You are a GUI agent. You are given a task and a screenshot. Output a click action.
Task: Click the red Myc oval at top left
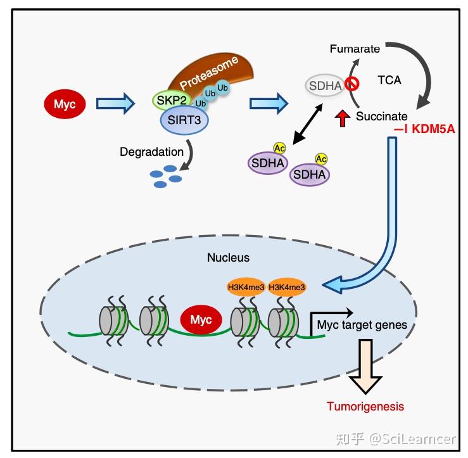[65, 104]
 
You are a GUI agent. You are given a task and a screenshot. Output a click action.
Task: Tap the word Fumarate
[355, 49]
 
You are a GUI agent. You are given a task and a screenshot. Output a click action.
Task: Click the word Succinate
[381, 117]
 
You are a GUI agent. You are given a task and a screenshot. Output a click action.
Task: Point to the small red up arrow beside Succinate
[343, 118]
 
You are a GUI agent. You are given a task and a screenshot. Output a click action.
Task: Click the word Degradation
[152, 152]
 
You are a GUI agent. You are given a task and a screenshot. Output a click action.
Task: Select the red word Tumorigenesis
[365, 406]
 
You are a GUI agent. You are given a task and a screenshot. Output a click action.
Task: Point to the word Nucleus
[229, 258]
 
